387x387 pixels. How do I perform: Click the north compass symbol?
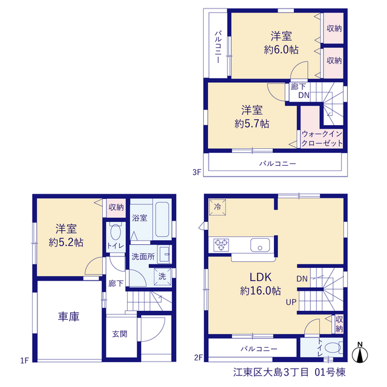(x=360, y=353)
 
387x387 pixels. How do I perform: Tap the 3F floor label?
(x=197, y=172)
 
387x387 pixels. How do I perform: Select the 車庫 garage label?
(x=68, y=317)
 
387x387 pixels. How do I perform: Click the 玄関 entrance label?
(x=120, y=334)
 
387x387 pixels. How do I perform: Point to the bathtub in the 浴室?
(x=162, y=220)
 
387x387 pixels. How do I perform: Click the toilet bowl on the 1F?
(x=115, y=232)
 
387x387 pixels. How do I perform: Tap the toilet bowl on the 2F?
(x=334, y=348)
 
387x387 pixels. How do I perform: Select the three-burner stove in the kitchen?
(x=221, y=245)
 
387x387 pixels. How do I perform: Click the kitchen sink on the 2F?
(x=260, y=245)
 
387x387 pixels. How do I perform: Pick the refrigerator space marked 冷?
(x=217, y=207)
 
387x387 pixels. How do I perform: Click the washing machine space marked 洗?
(x=163, y=276)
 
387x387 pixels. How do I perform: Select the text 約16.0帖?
(x=261, y=291)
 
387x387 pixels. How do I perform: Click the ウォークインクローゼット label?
(x=322, y=138)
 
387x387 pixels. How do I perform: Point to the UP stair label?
(x=291, y=302)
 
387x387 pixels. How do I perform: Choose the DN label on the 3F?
(x=304, y=96)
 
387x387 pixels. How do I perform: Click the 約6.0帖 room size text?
(x=281, y=50)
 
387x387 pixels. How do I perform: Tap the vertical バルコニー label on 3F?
(x=218, y=47)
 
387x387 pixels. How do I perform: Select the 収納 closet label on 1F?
(x=116, y=207)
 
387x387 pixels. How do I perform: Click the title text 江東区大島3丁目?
(x=271, y=372)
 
